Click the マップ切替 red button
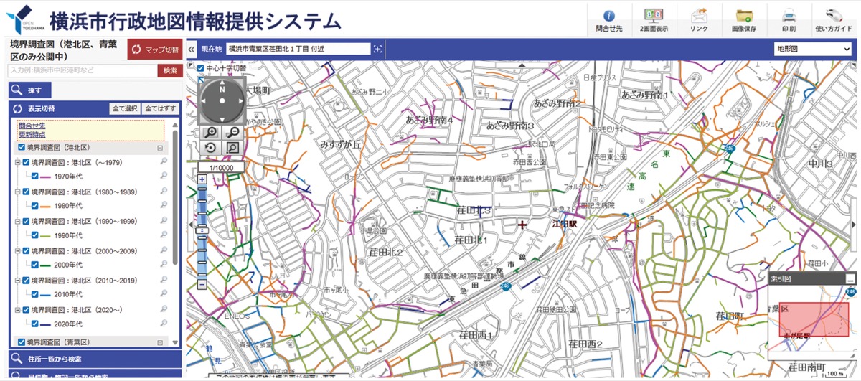tap(154, 50)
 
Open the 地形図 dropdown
tap(812, 49)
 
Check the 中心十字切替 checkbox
tap(201, 68)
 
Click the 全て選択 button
tap(124, 109)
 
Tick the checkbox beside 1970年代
tap(34, 176)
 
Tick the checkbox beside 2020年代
tap(34, 324)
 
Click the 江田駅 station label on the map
tap(565, 224)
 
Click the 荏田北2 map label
tap(385, 252)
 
